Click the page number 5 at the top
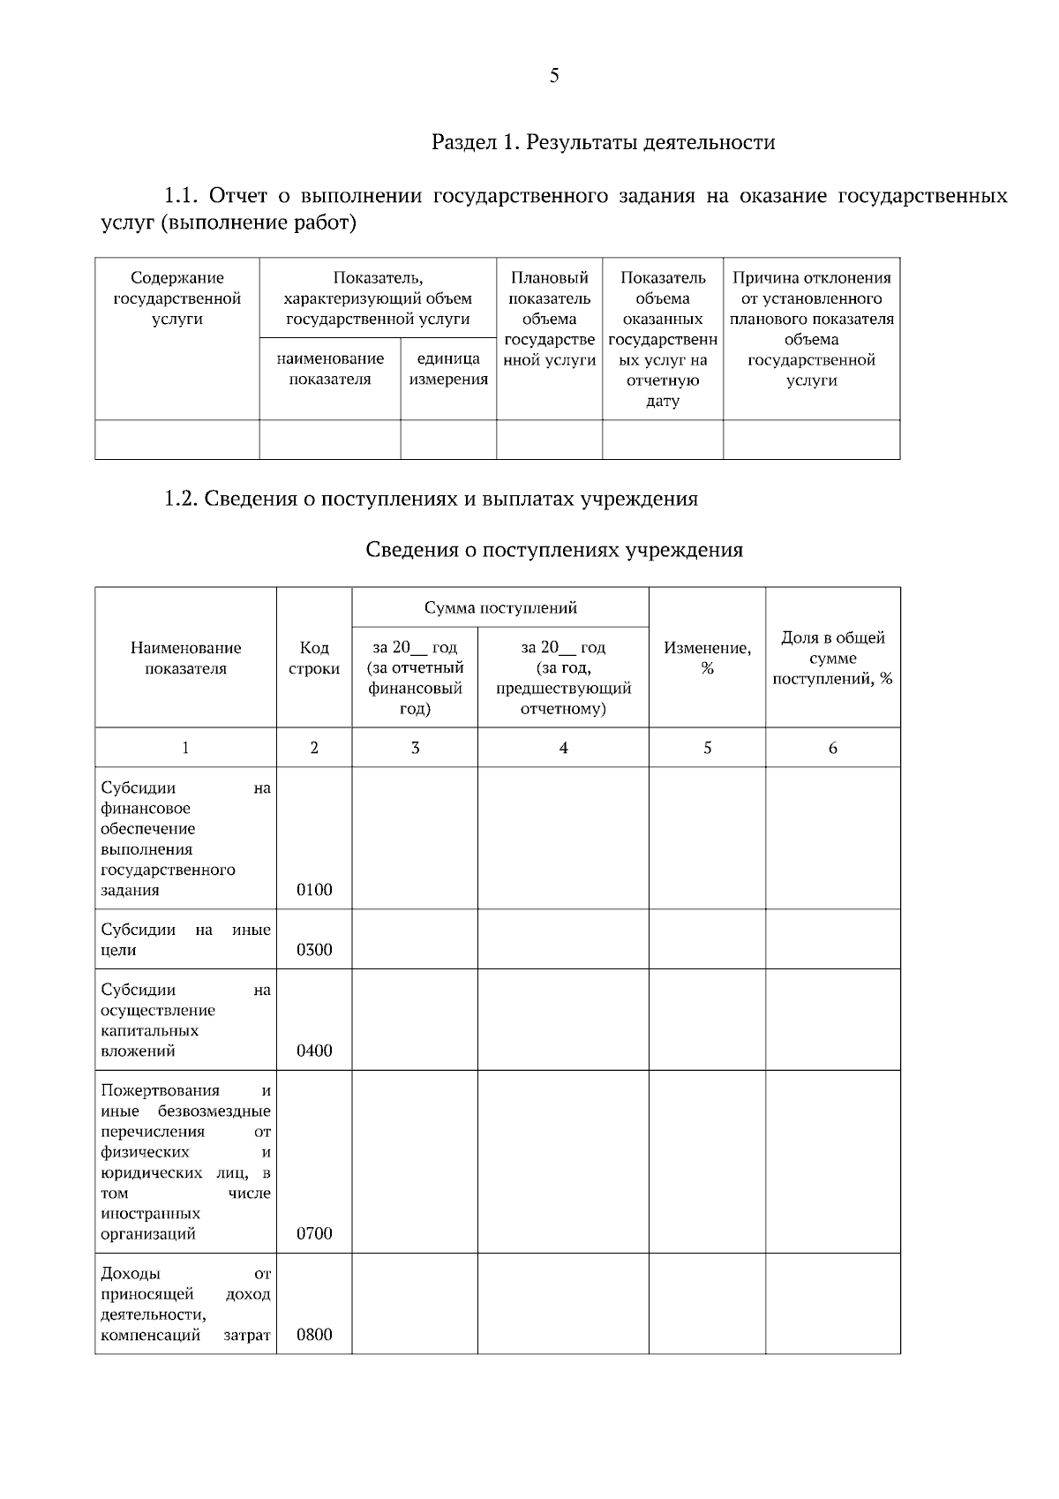click(x=554, y=76)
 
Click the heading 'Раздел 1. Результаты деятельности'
click(x=603, y=142)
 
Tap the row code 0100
click(x=314, y=890)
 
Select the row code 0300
click(x=314, y=950)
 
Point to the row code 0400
click(x=314, y=1051)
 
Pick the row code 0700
click(x=314, y=1234)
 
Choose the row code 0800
click(x=314, y=1335)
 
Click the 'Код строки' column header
click(x=314, y=658)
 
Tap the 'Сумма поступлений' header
click(x=500, y=607)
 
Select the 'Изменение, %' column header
click(x=707, y=658)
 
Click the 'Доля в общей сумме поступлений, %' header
click(x=832, y=658)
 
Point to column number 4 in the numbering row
click(x=563, y=748)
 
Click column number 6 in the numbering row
click(x=832, y=748)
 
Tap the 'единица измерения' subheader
click(x=448, y=369)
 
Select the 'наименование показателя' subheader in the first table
click(x=330, y=369)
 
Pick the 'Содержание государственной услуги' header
click(x=176, y=298)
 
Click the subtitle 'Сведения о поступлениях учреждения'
click(x=554, y=551)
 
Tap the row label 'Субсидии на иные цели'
click(x=185, y=940)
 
